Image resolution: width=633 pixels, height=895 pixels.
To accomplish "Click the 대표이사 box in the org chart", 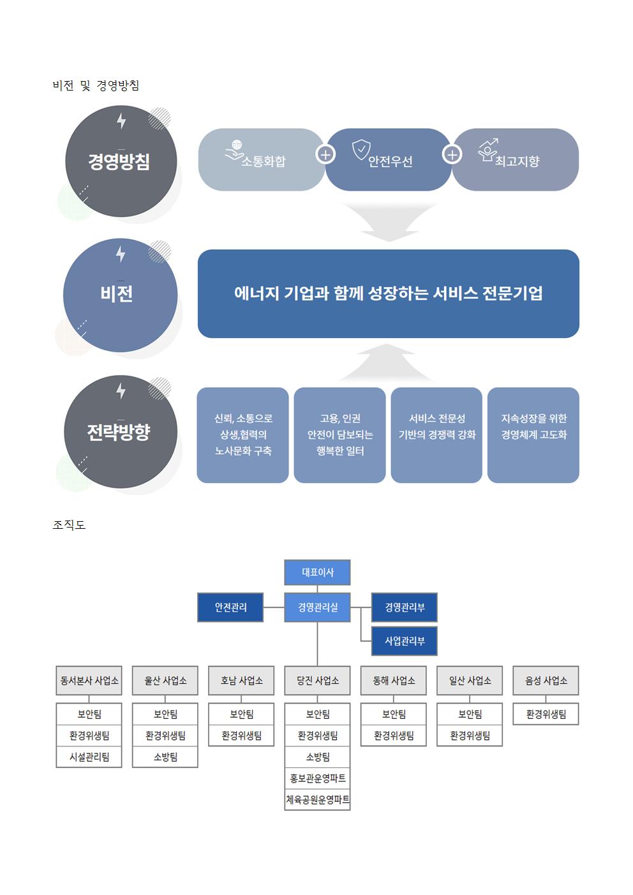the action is pyautogui.click(x=317, y=572).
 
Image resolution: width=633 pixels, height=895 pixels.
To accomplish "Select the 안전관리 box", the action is pyautogui.click(x=230, y=607).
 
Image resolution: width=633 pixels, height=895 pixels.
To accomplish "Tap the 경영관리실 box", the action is pyautogui.click(x=317, y=607).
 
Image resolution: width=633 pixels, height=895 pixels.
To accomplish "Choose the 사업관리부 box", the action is pyautogui.click(x=405, y=641).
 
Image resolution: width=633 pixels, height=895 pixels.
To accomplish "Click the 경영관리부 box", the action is pyautogui.click(x=405, y=607).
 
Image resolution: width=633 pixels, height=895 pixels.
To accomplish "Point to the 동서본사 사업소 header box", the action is pyautogui.click(x=89, y=681).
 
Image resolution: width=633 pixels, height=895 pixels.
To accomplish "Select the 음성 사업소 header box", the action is pyautogui.click(x=546, y=681).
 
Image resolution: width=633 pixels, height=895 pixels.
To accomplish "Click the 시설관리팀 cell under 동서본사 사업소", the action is pyautogui.click(x=89, y=757).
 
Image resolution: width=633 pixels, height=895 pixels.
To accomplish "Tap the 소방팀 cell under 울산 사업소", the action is pyautogui.click(x=165, y=757).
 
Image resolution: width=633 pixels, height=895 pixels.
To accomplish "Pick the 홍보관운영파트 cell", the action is pyautogui.click(x=317, y=778).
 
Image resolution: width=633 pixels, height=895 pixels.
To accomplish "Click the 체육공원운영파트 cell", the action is pyautogui.click(x=317, y=799).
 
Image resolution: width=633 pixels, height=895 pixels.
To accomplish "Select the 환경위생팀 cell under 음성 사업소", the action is pyautogui.click(x=546, y=714).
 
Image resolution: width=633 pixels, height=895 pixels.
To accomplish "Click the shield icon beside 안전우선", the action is pyautogui.click(x=361, y=149).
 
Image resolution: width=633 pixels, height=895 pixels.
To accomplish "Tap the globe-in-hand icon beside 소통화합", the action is pyautogui.click(x=235, y=151).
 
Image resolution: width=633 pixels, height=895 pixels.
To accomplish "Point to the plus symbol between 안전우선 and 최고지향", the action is pyautogui.click(x=452, y=154).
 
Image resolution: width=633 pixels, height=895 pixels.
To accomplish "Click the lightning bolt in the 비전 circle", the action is pyautogui.click(x=121, y=254).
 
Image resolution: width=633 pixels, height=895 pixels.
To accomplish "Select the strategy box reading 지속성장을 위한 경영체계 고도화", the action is pyautogui.click(x=533, y=434).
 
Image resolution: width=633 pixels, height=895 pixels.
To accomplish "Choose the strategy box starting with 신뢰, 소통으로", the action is pyautogui.click(x=242, y=434).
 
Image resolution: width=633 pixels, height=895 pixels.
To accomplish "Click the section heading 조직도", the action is pyautogui.click(x=69, y=525).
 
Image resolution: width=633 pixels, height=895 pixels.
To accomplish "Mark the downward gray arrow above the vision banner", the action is pyautogui.click(x=389, y=222).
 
